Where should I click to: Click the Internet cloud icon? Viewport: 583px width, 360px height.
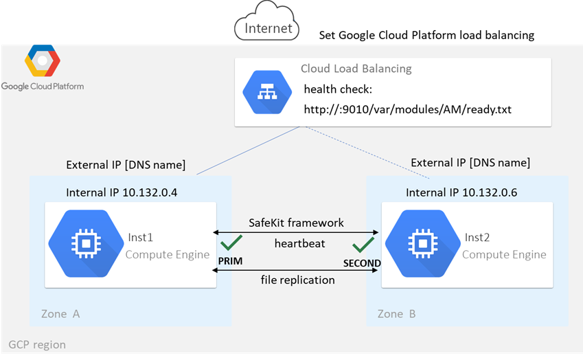(x=267, y=21)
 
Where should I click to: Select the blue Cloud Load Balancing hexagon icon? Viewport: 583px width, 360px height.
(x=264, y=93)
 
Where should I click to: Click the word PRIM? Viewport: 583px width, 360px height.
(x=229, y=262)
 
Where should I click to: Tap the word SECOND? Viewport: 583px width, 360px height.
(x=362, y=264)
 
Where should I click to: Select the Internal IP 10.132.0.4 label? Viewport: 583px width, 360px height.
(x=122, y=192)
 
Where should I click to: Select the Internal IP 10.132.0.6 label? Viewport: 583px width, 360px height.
(x=461, y=192)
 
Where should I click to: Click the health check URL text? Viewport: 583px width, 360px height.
(x=407, y=109)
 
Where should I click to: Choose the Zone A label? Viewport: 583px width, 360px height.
(x=56, y=314)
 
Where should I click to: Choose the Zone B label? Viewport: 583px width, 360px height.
(x=396, y=314)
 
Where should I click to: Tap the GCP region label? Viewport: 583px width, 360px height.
(x=37, y=344)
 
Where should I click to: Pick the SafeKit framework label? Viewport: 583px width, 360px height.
(x=296, y=223)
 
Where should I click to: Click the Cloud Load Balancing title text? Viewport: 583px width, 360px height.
(x=356, y=69)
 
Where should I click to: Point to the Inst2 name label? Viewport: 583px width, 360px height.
(x=477, y=237)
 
